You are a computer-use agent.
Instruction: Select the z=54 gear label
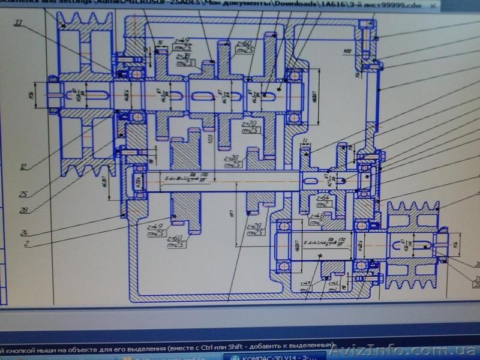(x=323, y=197)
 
